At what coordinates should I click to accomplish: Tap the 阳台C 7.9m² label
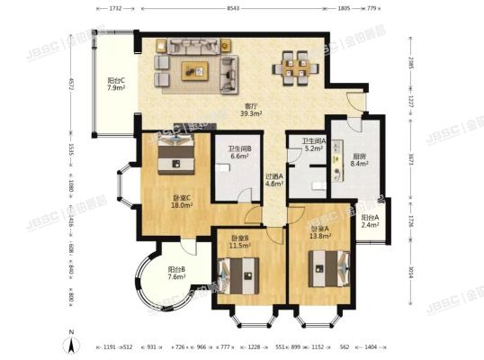[x=114, y=84]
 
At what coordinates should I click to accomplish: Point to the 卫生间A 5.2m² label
[x=313, y=145]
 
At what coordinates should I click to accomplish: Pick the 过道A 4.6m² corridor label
[x=274, y=180]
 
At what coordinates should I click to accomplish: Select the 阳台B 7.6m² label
[x=176, y=274]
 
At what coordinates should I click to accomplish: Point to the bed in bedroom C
[x=171, y=154]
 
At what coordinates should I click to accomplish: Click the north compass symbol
[x=70, y=339]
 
